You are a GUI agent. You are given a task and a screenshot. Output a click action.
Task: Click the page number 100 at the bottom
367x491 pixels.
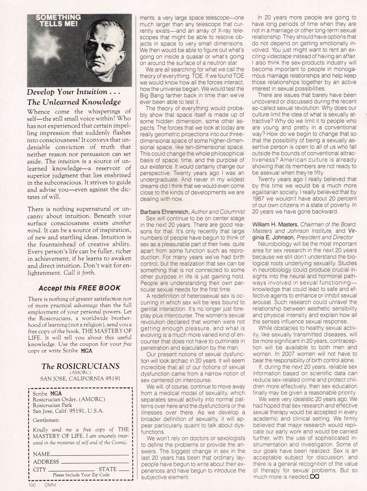pyautogui.click(x=31, y=487)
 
